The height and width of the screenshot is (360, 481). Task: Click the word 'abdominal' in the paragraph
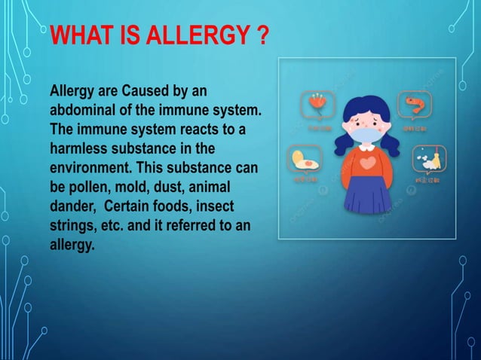click(x=82, y=111)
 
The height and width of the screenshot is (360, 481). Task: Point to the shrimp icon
click(x=417, y=104)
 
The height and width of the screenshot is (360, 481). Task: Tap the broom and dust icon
click(x=427, y=160)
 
